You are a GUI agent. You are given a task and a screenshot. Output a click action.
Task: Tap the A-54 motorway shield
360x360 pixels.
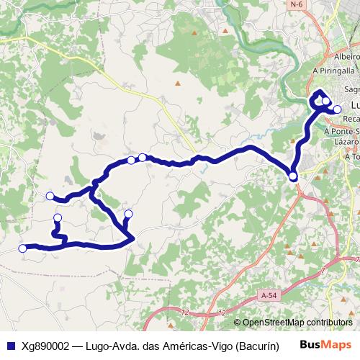coord(269,295)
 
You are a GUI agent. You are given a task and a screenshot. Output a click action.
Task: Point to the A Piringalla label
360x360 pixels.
coord(335,71)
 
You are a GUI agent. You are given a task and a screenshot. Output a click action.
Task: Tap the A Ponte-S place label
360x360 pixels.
coord(341,132)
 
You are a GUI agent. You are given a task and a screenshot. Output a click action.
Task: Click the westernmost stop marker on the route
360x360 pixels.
coord(22,248)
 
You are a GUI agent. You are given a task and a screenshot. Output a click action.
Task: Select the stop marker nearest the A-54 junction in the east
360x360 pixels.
coord(293,176)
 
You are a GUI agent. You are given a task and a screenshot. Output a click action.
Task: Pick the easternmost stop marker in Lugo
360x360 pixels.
coord(337,109)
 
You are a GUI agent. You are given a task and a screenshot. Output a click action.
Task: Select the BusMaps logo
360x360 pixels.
coord(325,345)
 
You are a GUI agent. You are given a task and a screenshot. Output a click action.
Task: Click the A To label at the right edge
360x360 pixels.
coord(352,156)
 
